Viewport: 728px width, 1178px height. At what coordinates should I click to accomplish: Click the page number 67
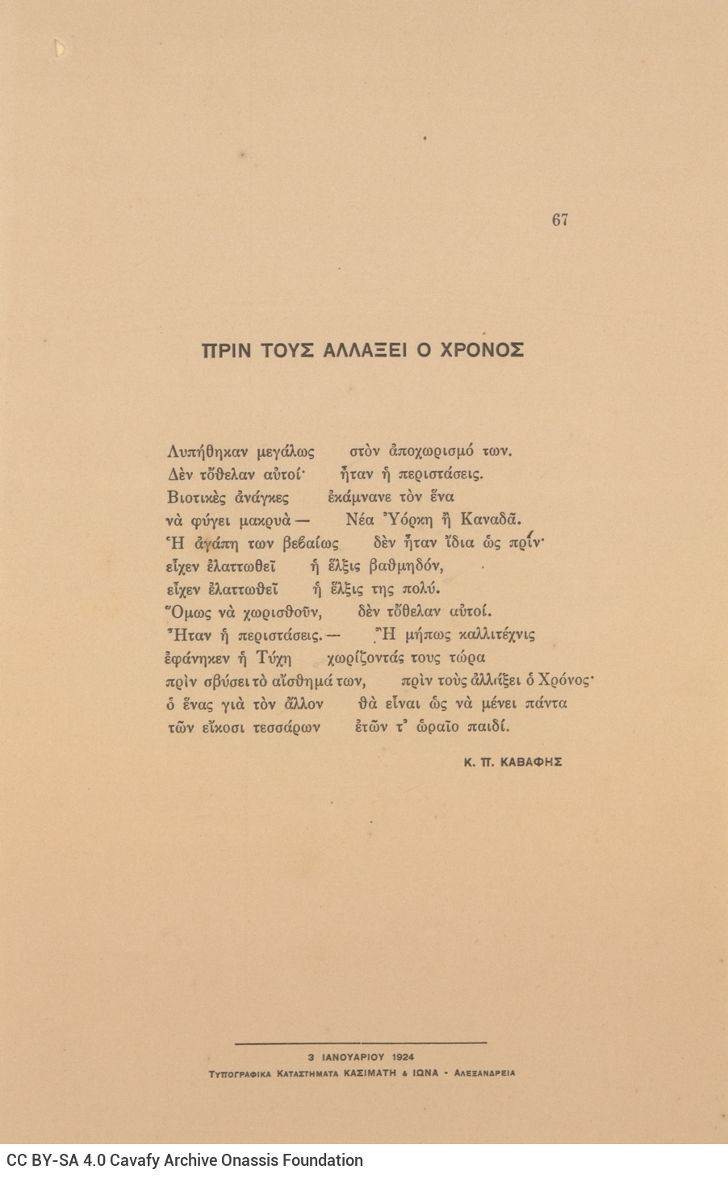(560, 219)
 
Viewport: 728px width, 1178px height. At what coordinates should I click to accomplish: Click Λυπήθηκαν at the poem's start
(206, 451)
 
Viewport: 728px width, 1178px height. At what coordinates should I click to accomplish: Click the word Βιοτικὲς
(196, 497)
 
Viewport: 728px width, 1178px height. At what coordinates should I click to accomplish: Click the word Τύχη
(273, 657)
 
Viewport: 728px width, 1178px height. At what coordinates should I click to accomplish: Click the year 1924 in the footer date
(404, 1056)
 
